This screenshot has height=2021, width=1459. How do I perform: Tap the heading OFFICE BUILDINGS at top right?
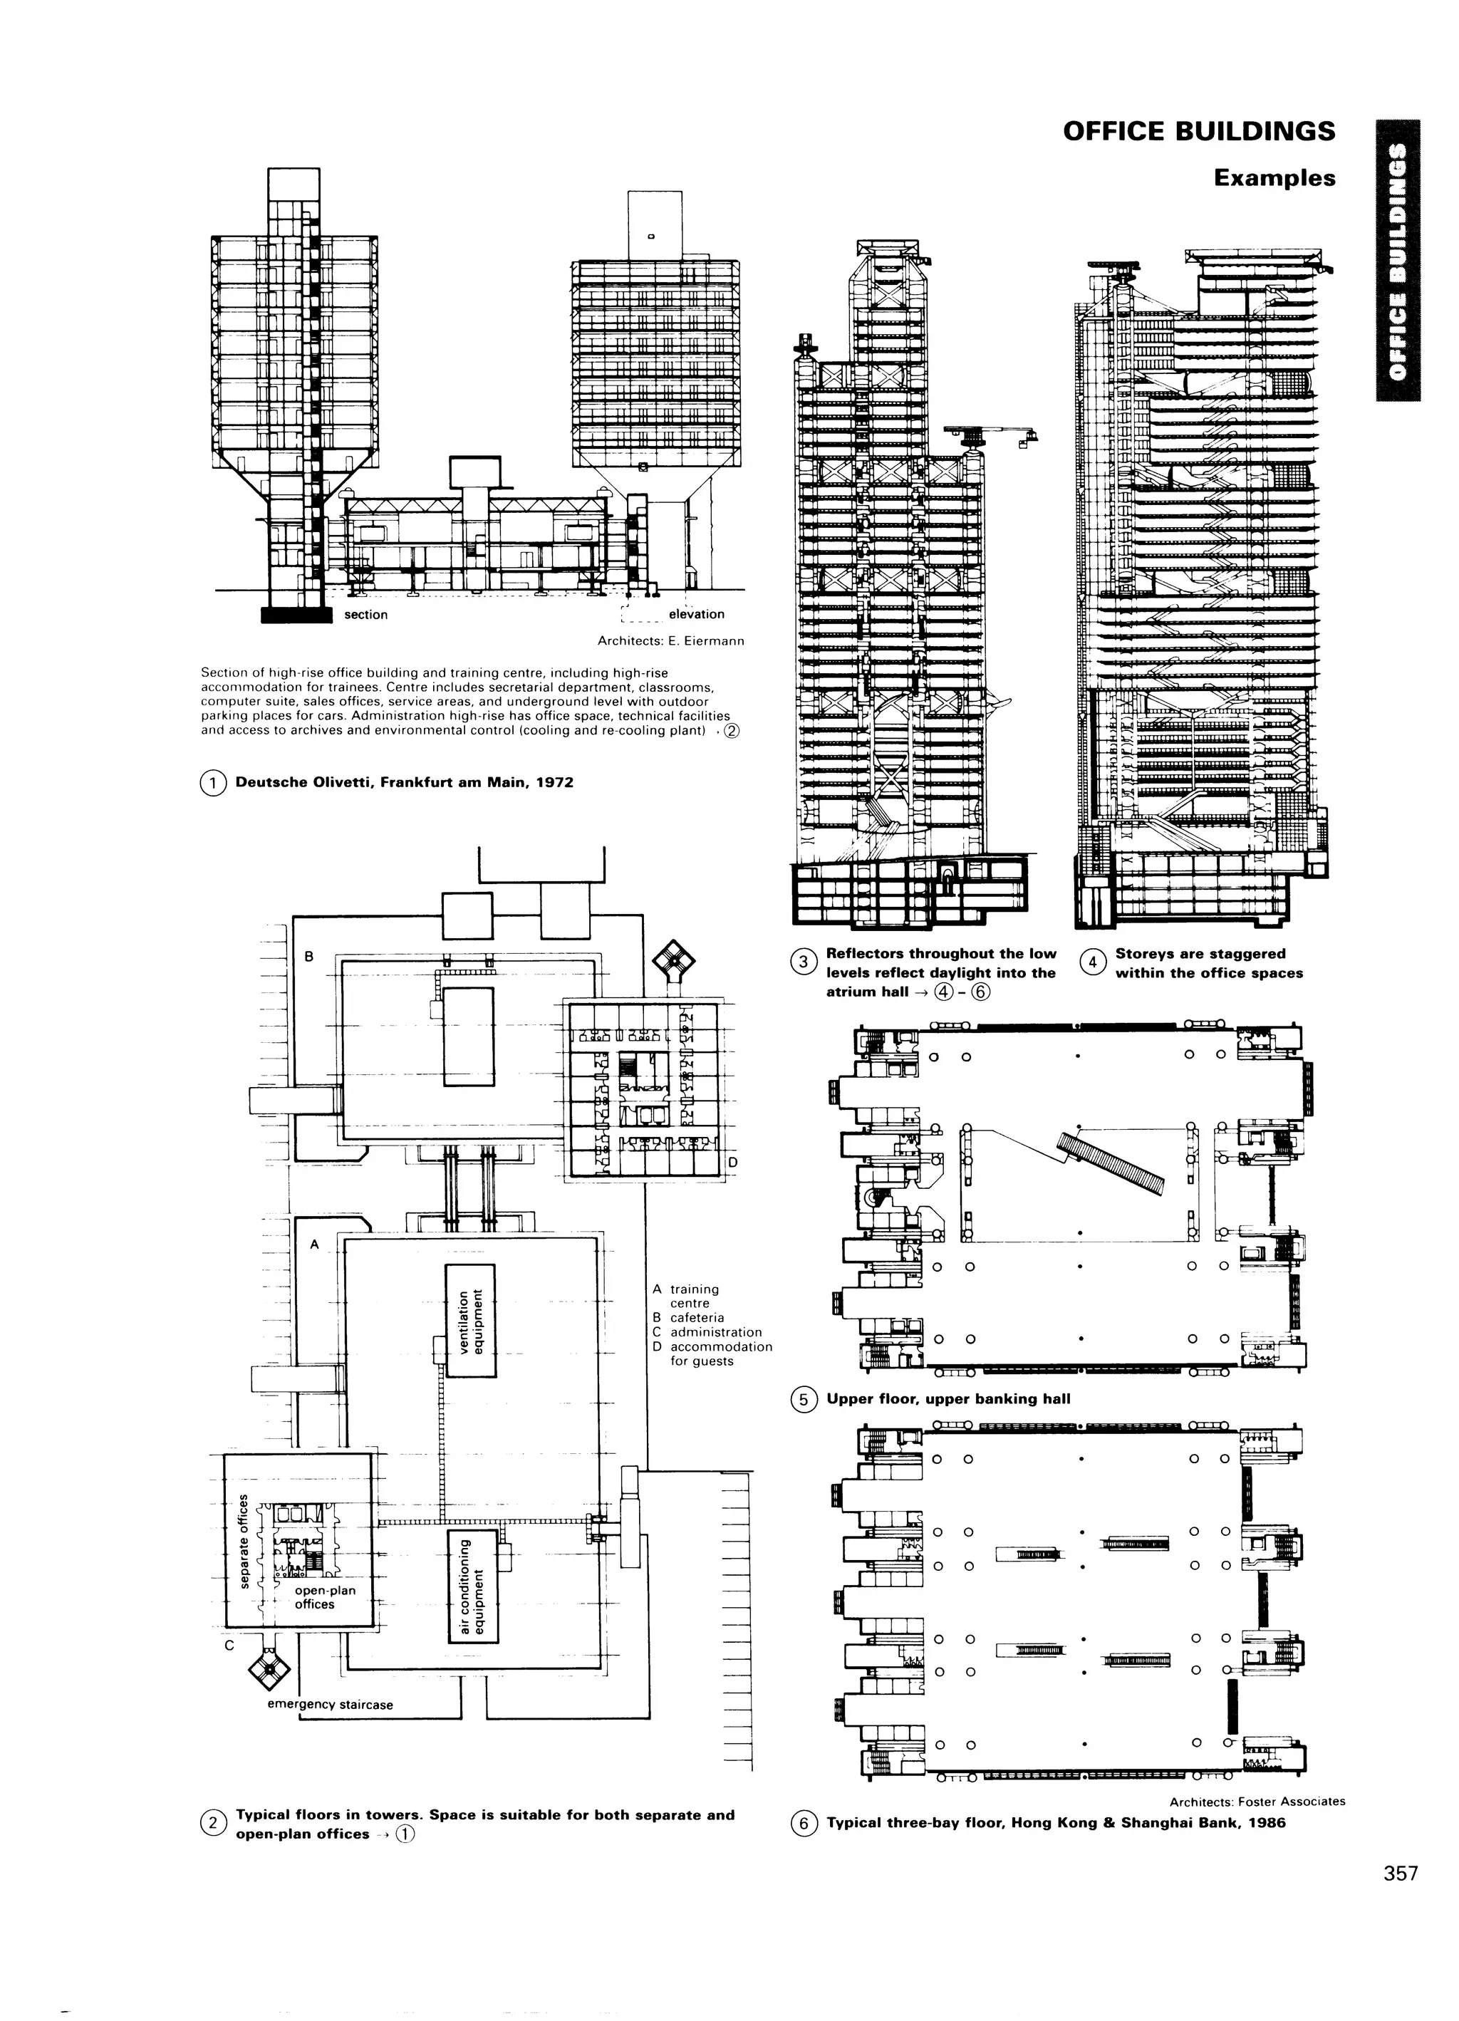1199,131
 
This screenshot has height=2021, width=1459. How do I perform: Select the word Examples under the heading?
1274,177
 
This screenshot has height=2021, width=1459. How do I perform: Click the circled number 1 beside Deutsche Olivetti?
213,784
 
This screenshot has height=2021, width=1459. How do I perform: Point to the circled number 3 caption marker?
803,962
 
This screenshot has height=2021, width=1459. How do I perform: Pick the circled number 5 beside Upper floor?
803,1400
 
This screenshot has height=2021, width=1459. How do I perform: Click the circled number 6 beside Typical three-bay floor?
803,1824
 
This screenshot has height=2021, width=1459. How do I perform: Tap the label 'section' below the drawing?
365,615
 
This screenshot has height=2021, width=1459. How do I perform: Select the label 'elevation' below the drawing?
696,614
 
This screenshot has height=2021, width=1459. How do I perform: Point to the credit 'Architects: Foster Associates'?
1257,1801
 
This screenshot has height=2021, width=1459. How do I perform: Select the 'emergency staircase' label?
330,1705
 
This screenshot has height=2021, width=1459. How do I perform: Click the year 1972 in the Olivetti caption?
554,784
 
